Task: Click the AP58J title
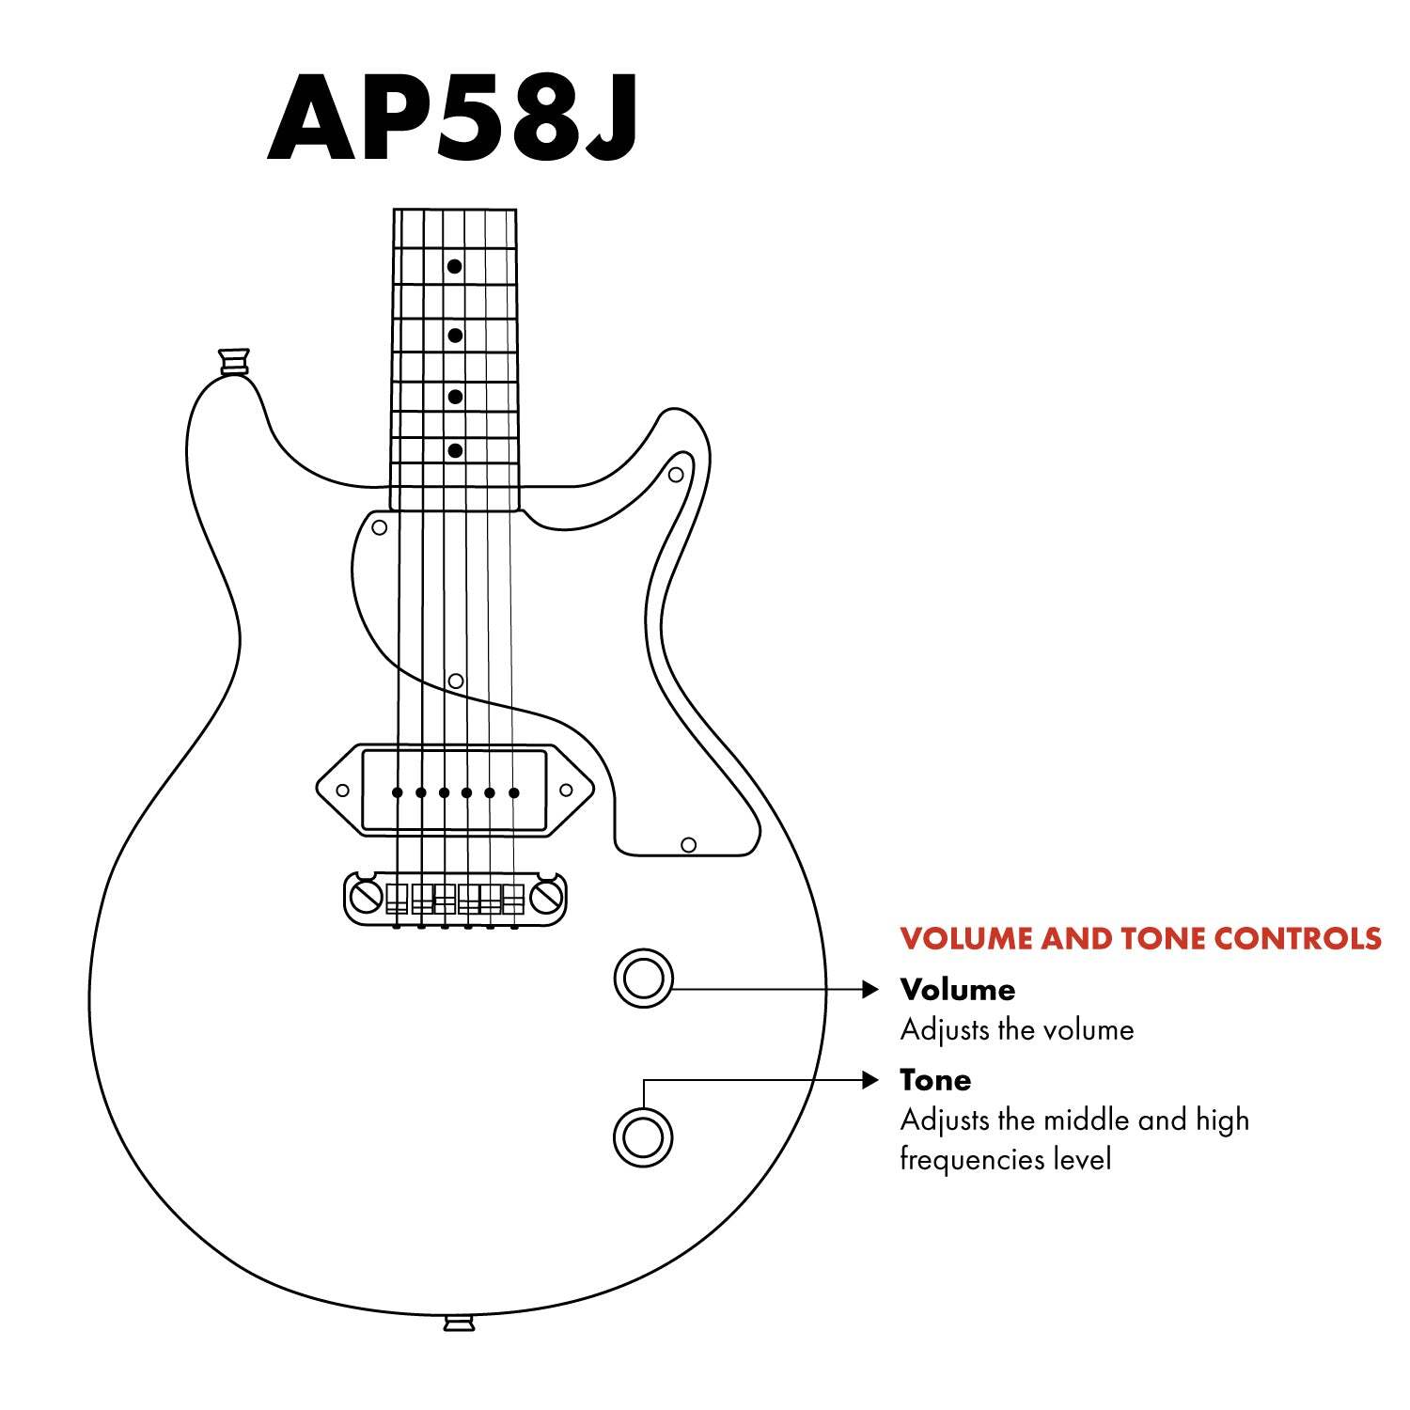pyautogui.click(x=453, y=117)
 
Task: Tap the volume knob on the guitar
pyautogui.click(x=644, y=979)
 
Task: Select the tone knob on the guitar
pyautogui.click(x=644, y=1136)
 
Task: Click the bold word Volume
pyautogui.click(x=958, y=989)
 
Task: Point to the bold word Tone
pyautogui.click(x=935, y=1079)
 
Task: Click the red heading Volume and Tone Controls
pyautogui.click(x=1140, y=938)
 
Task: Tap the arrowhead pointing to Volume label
pyautogui.click(x=870, y=989)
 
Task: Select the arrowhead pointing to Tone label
pyautogui.click(x=870, y=1080)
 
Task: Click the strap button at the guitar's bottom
pyautogui.click(x=459, y=1324)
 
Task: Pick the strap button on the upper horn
pyautogui.click(x=234, y=361)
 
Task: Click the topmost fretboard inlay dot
pyautogui.click(x=454, y=267)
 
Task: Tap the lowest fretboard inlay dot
pyautogui.click(x=455, y=451)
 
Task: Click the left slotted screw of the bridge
pyautogui.click(x=363, y=897)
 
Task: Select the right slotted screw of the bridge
pyautogui.click(x=546, y=897)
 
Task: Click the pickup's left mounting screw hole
pyautogui.click(x=343, y=791)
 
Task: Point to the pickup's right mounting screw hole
pyautogui.click(x=565, y=791)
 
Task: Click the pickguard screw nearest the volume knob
pyautogui.click(x=688, y=845)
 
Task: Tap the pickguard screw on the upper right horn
pyautogui.click(x=675, y=475)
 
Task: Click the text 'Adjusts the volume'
pyautogui.click(x=1017, y=1030)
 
